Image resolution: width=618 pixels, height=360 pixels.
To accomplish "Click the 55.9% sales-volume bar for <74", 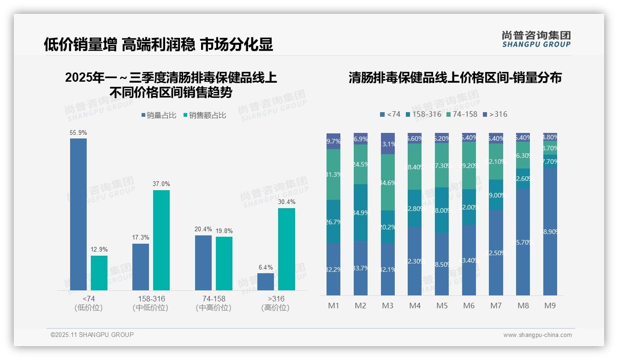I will pos(78,214).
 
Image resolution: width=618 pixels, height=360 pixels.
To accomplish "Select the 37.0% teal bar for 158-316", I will pos(161,240).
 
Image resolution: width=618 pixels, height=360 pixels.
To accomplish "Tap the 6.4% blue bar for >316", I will pos(266,282).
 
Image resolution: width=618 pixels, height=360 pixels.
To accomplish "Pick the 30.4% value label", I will pos(286,202).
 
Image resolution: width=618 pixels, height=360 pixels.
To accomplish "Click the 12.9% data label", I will pos(99,250).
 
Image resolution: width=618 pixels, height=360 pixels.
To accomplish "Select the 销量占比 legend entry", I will pos(159,115).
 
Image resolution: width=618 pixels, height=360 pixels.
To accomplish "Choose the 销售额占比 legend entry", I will pos(204,115).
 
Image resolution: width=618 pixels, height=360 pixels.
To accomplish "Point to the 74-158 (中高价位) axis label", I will pos(214,303).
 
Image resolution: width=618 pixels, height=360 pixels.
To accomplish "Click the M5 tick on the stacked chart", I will pos(442,306).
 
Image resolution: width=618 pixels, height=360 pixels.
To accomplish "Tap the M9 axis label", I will pos(550,306).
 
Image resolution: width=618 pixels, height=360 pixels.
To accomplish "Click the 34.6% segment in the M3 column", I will pos(388,183).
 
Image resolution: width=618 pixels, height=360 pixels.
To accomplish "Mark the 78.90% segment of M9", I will pos(550,232).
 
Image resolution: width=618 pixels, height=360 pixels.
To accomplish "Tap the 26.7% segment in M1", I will pos(333,222).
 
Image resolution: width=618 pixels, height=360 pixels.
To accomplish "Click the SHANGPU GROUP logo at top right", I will pos(536,39).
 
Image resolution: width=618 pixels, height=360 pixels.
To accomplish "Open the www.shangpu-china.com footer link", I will pos(537,335).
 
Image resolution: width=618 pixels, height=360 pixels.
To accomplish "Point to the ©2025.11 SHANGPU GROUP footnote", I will pos(92,335).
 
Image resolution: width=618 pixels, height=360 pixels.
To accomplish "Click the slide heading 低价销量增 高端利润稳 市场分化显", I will pos(158,44).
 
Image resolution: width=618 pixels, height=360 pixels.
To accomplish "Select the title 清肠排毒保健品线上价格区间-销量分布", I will pos(455,78).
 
